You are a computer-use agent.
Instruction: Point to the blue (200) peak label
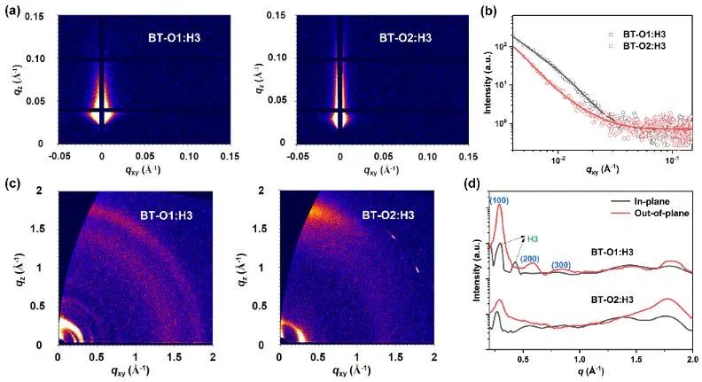click(529, 259)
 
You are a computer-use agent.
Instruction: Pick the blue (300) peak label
click(560, 264)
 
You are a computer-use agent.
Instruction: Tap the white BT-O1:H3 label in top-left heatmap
click(177, 37)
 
